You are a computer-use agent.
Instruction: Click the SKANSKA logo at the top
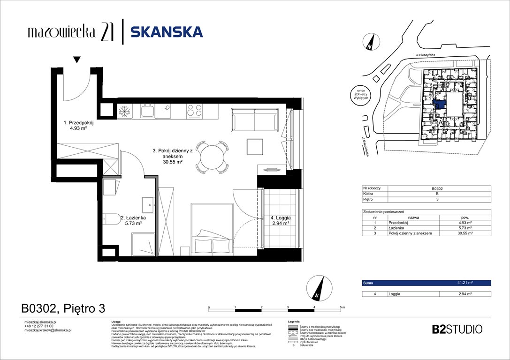(167, 32)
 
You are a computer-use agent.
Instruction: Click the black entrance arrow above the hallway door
(77, 60)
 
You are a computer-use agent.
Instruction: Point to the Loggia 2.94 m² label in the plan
(280, 221)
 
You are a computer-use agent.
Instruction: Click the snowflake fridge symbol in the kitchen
(124, 111)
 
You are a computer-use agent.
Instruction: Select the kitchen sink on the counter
(148, 111)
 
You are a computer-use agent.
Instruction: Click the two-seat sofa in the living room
(255, 121)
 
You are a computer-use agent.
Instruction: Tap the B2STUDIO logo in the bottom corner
(456, 329)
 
